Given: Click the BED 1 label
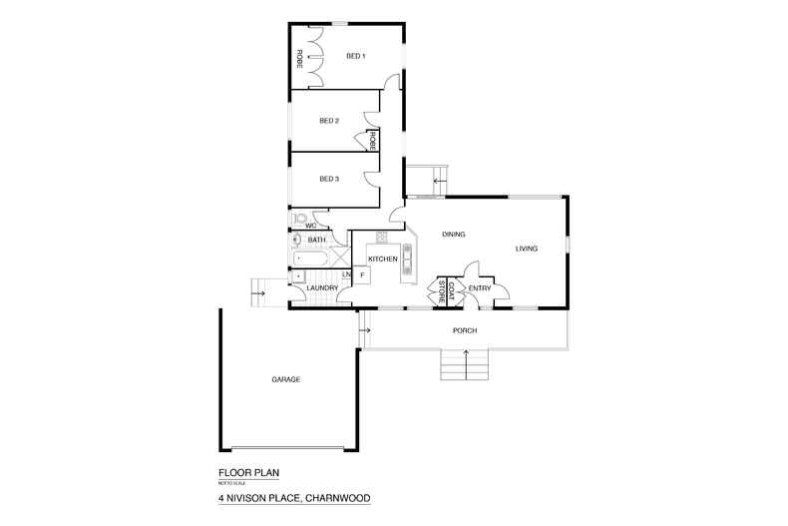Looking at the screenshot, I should point(356,57).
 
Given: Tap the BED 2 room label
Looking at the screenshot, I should point(329,122).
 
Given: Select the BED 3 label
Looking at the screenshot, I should point(329,180).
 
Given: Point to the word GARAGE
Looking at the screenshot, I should point(285,379).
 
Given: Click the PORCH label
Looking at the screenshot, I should point(464,330).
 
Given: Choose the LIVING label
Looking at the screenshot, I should point(527,249).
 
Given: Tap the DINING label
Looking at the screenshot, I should point(454,235).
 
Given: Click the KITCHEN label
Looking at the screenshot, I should point(383,260).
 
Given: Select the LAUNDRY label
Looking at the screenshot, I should point(322,289).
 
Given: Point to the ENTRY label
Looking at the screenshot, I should point(480,289).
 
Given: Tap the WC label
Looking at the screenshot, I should point(310,226).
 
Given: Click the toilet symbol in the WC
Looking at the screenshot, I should point(299,219).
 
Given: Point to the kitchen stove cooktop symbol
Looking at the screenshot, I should point(381,238).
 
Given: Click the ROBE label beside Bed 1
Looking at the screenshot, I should point(299,59).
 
